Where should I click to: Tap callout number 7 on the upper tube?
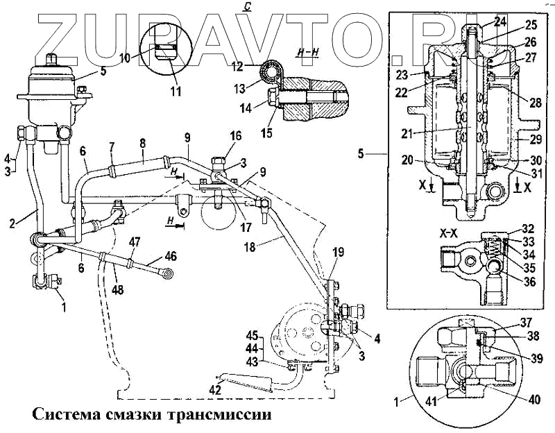click(x=112, y=147)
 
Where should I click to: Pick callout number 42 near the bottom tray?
click(x=217, y=390)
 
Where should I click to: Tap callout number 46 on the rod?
click(x=171, y=255)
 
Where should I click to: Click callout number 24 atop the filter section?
click(x=480, y=19)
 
